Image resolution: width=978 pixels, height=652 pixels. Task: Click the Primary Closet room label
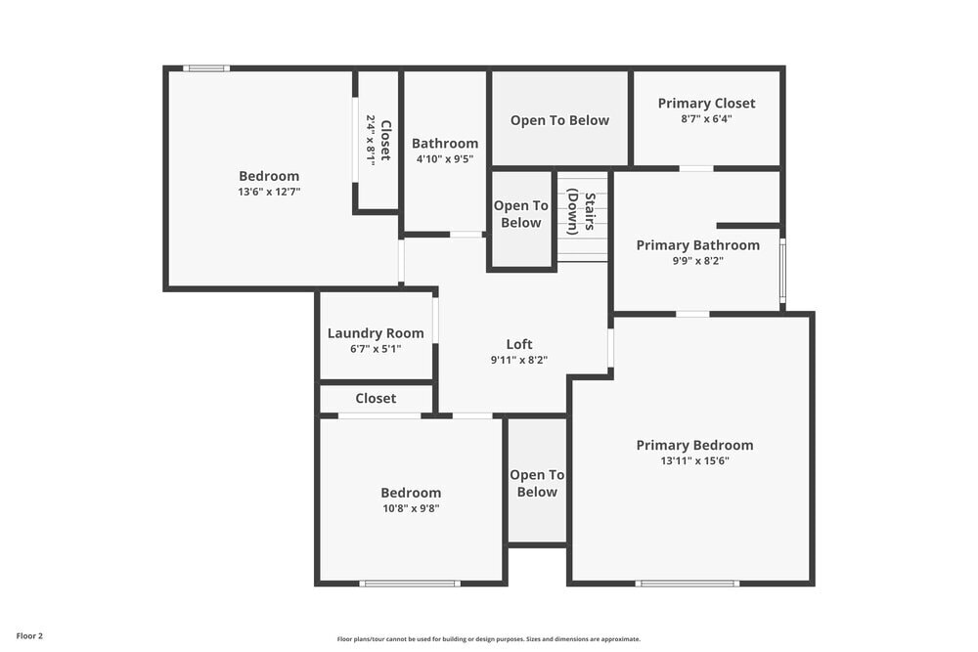[706, 104]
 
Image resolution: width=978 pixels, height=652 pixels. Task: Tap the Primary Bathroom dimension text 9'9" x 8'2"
[697, 261]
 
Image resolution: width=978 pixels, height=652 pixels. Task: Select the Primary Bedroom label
[694, 446]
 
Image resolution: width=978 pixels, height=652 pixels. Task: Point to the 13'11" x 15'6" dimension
[694, 461]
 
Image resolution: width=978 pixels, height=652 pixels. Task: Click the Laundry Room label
[376, 333]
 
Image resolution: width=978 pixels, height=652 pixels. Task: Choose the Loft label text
[519, 344]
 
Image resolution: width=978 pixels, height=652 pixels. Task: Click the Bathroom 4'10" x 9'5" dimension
[445, 159]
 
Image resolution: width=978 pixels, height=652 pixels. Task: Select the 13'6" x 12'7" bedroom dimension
[269, 193]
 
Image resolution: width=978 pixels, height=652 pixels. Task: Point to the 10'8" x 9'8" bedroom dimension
[411, 508]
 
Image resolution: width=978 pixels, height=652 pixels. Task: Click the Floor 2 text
[28, 635]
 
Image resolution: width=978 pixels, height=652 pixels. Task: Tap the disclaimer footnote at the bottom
[489, 639]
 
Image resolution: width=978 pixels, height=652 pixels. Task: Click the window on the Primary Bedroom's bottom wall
[687, 584]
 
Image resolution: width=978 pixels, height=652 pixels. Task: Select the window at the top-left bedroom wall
[206, 68]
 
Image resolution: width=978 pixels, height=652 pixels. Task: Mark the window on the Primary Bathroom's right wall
[781, 270]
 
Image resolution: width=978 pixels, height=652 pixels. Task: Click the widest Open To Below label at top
[559, 121]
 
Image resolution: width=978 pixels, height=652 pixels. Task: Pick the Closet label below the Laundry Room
[376, 399]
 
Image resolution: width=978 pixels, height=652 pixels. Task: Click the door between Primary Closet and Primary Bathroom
[696, 168]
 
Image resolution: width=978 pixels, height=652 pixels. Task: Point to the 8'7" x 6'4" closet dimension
[706, 119]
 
